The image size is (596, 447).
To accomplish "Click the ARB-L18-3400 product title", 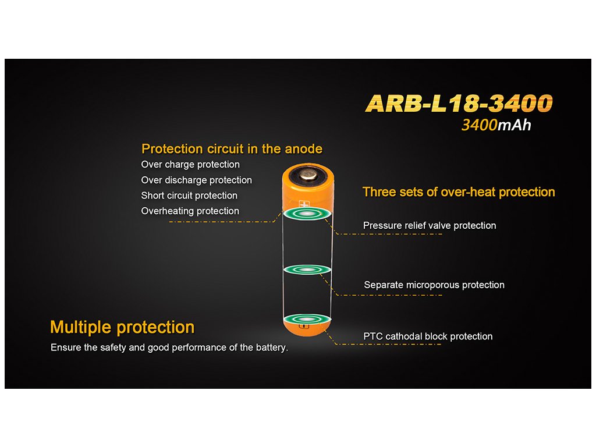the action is (459, 104).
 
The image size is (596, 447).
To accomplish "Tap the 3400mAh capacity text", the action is (496, 125).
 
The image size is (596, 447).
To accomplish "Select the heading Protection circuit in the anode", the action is (232, 148).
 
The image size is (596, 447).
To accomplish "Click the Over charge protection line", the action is (190, 165).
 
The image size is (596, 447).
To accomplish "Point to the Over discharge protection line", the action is (197, 180).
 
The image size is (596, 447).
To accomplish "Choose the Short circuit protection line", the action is (189, 196).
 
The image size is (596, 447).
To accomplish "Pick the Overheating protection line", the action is (190, 211).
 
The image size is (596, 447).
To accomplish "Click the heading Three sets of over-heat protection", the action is (459, 192).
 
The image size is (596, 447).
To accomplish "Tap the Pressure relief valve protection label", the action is (430, 225).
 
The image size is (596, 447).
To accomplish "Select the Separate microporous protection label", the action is (434, 285).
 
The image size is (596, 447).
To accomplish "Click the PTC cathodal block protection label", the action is (428, 336).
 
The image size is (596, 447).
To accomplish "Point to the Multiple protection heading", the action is (122, 327).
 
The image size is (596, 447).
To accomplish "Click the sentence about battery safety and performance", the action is (169, 347).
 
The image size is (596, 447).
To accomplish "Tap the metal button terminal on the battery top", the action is (308, 175).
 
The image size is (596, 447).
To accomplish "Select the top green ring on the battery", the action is (307, 214).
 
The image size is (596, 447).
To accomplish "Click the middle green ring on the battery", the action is (307, 269).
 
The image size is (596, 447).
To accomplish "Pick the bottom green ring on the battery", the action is (307, 319).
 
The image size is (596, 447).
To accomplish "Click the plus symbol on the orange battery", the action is (304, 204).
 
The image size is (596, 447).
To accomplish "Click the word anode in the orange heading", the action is (303, 148).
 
